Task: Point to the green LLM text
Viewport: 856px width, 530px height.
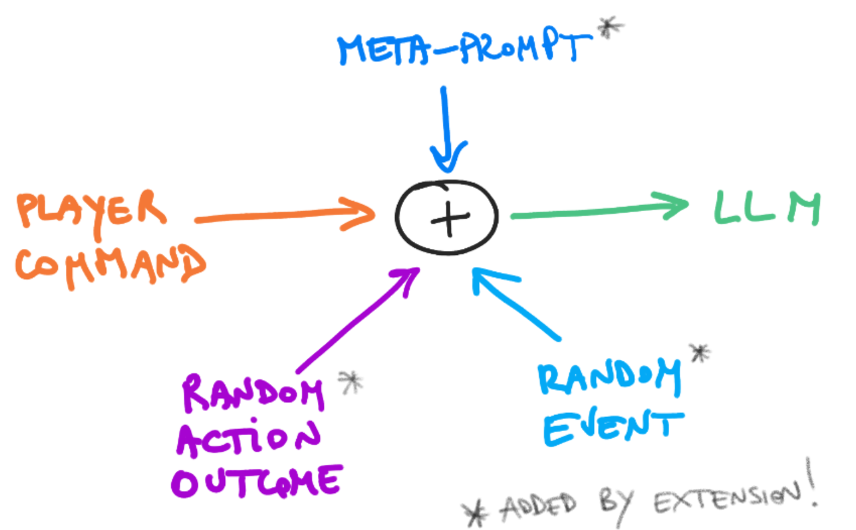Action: pos(767,209)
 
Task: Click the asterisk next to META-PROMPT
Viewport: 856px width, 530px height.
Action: pos(609,28)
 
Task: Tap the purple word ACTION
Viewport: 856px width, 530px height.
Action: pos(248,440)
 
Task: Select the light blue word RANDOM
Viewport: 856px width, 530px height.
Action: pos(609,380)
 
